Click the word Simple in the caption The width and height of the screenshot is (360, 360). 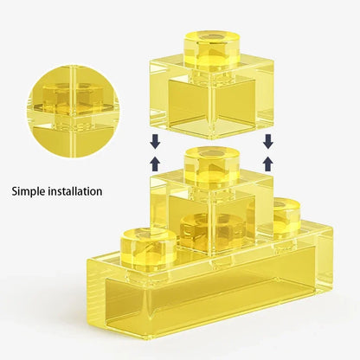pyautogui.click(x=29, y=191)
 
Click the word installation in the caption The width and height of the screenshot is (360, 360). pyautogui.click(x=75, y=191)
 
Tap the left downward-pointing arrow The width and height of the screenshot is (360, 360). pyautogui.click(x=156, y=141)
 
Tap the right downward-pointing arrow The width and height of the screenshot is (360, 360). pyautogui.click(x=268, y=141)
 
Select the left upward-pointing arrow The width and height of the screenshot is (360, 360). pyautogui.click(x=156, y=164)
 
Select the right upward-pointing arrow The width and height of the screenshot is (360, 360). pyautogui.click(x=268, y=164)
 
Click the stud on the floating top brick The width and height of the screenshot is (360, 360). pyautogui.click(x=212, y=49)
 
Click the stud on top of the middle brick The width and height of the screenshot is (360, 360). pyautogui.click(x=212, y=166)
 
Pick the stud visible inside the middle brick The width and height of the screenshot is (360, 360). pyautogui.click(x=213, y=231)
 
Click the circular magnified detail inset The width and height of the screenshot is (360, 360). pyautogui.click(x=74, y=112)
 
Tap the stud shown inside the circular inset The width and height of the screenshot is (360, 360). pyautogui.click(x=73, y=98)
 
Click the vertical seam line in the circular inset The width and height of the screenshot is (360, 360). pyautogui.click(x=73, y=112)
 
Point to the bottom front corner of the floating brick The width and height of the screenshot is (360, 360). pyautogui.click(x=213, y=139)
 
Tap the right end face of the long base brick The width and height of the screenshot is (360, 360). pyautogui.click(x=325, y=260)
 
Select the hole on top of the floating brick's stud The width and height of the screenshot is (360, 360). pyautogui.click(x=212, y=37)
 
